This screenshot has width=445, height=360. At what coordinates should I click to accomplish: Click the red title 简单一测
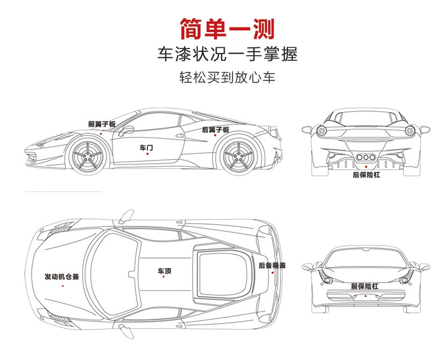tap(228, 29)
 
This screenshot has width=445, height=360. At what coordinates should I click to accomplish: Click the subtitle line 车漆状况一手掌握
tap(228, 54)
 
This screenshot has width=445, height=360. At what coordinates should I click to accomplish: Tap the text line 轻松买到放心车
tap(228, 77)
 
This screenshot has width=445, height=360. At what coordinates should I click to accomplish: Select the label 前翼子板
tap(102, 124)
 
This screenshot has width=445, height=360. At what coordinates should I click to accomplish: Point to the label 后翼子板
tap(216, 130)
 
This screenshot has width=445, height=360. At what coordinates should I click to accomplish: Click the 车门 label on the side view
tap(146, 148)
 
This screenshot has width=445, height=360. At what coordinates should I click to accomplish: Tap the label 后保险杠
tap(366, 175)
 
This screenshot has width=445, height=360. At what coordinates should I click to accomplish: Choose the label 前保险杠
tap(364, 286)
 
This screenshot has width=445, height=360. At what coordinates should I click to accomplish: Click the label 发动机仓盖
tap(62, 277)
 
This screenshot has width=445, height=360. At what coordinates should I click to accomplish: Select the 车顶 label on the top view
tap(164, 271)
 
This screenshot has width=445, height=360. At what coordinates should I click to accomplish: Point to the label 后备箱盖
tap(272, 265)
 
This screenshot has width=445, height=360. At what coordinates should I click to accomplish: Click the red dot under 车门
tap(148, 154)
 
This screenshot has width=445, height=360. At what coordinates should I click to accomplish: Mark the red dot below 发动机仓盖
tap(63, 286)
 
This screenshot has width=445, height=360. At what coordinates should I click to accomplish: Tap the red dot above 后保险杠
tap(366, 167)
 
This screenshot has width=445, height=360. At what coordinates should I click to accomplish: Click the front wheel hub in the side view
tap(88, 156)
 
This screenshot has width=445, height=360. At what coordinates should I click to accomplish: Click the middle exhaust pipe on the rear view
tap(366, 158)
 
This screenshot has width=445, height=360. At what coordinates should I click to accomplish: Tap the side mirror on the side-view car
tap(126, 130)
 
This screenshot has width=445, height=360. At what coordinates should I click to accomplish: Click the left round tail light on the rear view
tap(322, 131)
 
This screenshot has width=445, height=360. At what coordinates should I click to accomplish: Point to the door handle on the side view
tap(180, 135)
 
